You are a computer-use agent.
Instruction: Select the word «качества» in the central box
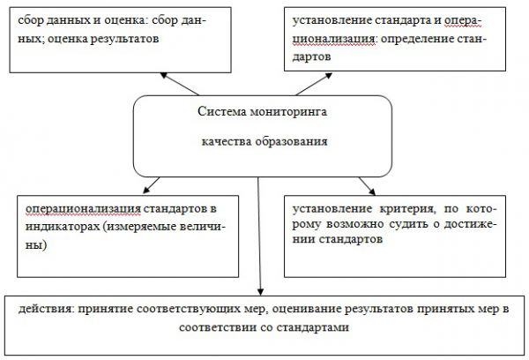[x=224, y=141]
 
